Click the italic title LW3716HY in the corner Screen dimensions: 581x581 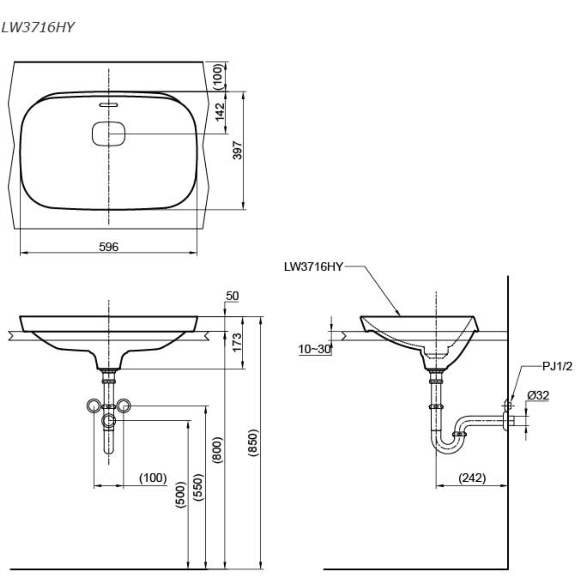[x=37, y=28]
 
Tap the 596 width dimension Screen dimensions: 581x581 [x=109, y=247]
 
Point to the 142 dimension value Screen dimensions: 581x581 [x=220, y=112]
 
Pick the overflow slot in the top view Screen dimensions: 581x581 [x=109, y=105]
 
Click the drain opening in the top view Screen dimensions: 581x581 [x=108, y=134]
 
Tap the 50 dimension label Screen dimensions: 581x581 [x=232, y=296]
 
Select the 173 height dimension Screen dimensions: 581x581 [x=237, y=342]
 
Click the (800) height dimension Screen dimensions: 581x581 [x=217, y=450]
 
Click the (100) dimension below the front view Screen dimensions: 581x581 [x=153, y=478]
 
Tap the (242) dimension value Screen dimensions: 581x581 [x=472, y=478]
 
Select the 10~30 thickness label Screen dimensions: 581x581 [x=315, y=349]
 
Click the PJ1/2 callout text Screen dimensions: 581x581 [x=557, y=367]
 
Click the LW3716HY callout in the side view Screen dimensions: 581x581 [x=313, y=267]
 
